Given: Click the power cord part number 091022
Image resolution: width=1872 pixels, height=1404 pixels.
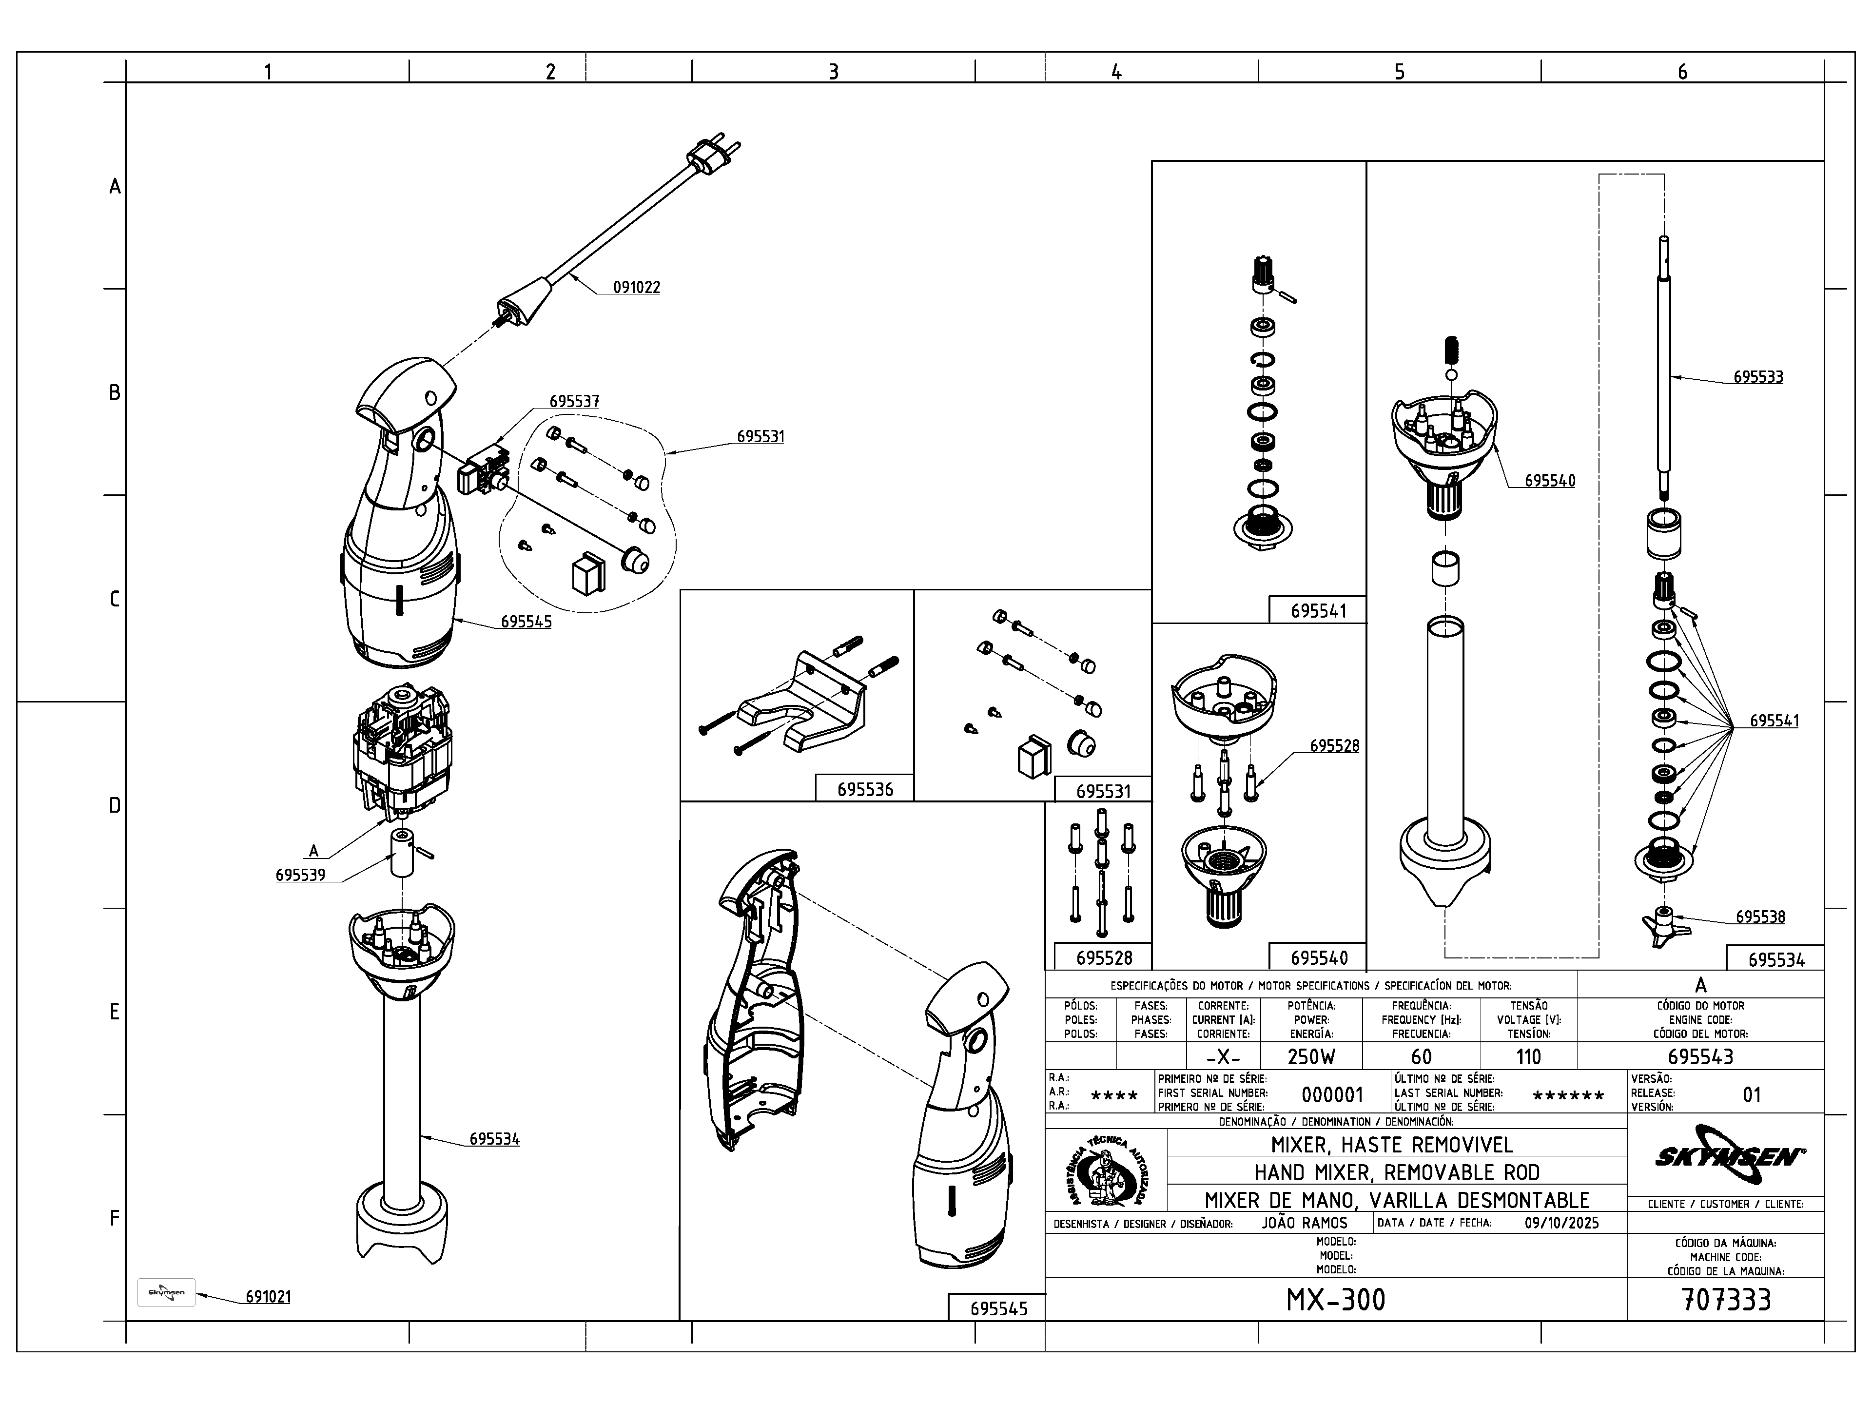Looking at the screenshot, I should pos(636,287).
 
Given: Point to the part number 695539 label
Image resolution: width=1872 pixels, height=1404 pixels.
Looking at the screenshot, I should pos(300,875).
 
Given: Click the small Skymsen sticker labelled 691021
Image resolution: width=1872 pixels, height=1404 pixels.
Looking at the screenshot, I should pos(166,1292).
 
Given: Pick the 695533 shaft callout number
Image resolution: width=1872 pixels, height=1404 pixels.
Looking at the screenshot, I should pos(1758,377).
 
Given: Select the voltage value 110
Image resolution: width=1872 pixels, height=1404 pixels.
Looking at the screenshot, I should pos(1528,1057).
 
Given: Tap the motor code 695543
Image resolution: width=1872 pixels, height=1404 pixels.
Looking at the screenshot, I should pos(1700,1057).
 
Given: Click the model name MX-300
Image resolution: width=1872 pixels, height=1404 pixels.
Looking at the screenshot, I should pos(1335,1300).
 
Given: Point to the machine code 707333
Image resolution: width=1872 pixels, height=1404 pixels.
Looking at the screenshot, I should pos(1726,1300).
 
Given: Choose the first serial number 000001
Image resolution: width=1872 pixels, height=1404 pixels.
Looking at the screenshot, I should pos(1332,1095).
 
